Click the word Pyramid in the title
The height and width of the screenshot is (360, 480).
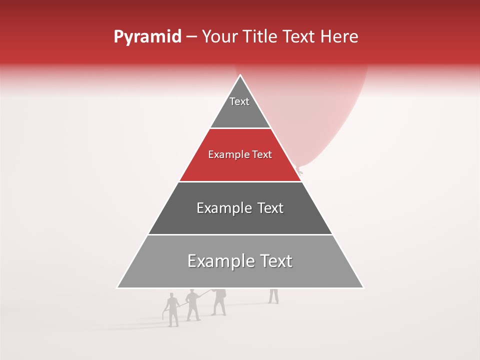(x=147, y=37)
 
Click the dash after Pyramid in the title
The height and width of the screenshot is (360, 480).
(x=191, y=37)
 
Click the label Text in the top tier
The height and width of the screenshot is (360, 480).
(x=239, y=101)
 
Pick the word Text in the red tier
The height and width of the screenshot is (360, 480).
(x=262, y=155)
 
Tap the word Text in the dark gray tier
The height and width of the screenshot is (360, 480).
(x=269, y=208)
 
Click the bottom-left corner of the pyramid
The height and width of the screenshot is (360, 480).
(x=117, y=287)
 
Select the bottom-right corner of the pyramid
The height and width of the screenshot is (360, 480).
(x=363, y=287)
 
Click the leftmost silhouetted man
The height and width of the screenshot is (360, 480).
(x=172, y=310)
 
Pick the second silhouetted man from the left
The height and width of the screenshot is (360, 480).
(x=193, y=305)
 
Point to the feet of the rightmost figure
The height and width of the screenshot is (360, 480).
(x=273, y=301)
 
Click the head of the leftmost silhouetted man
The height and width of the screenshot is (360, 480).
(x=171, y=295)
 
